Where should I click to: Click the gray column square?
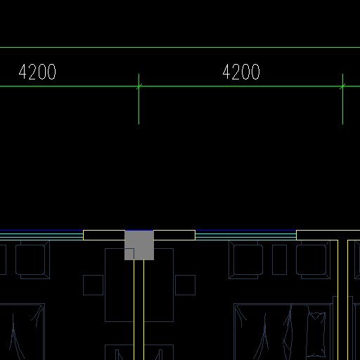139,245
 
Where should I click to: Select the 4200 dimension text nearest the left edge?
37,72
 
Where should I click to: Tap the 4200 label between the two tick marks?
241,72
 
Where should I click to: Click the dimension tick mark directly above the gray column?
139,86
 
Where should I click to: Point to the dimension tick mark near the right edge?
342,86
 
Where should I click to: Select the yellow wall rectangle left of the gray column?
104,235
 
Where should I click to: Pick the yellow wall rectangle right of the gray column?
174,235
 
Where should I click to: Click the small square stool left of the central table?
93,285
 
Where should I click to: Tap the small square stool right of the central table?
185,285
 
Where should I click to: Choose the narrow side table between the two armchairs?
279,259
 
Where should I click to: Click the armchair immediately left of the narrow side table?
245,259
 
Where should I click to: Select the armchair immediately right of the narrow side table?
313,259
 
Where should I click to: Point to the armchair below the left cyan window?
32,259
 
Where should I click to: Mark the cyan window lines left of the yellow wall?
41,236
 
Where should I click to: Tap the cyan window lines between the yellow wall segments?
245,236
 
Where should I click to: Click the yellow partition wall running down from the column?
139,310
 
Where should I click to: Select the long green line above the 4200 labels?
180,48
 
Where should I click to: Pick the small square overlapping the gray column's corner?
129,254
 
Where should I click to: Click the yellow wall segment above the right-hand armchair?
328,235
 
